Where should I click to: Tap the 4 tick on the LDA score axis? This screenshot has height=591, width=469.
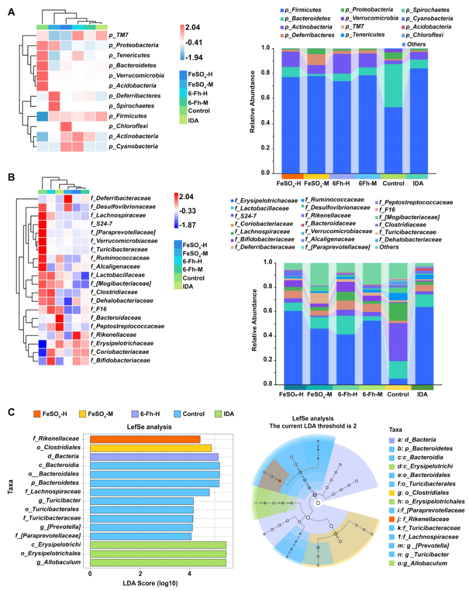pos(190,574)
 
